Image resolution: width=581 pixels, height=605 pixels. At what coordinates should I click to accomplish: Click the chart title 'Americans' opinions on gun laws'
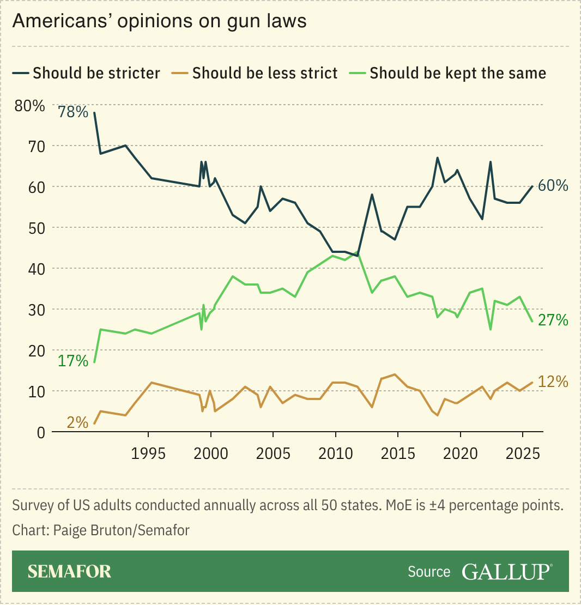[x=159, y=21]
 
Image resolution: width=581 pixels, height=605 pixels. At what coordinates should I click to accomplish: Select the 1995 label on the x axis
[x=148, y=455]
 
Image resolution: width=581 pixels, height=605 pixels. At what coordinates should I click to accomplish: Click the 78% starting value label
[x=73, y=112]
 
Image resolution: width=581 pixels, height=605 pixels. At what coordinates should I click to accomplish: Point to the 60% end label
[x=553, y=186]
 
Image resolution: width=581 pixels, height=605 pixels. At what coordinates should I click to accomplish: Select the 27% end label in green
[x=553, y=320]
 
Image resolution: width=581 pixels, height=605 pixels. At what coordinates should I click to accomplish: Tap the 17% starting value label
[x=73, y=361]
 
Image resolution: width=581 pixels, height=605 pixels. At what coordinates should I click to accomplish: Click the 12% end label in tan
[x=553, y=382]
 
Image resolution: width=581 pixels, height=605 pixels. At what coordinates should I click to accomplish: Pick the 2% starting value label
[x=77, y=422]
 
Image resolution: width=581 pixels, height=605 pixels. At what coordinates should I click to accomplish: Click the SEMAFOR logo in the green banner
[x=69, y=571]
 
